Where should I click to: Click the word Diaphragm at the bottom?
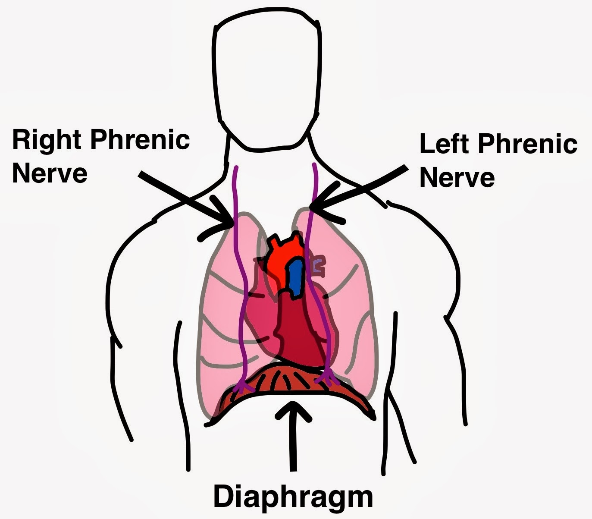(293, 497)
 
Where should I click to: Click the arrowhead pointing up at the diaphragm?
(293, 410)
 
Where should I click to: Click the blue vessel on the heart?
(296, 278)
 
